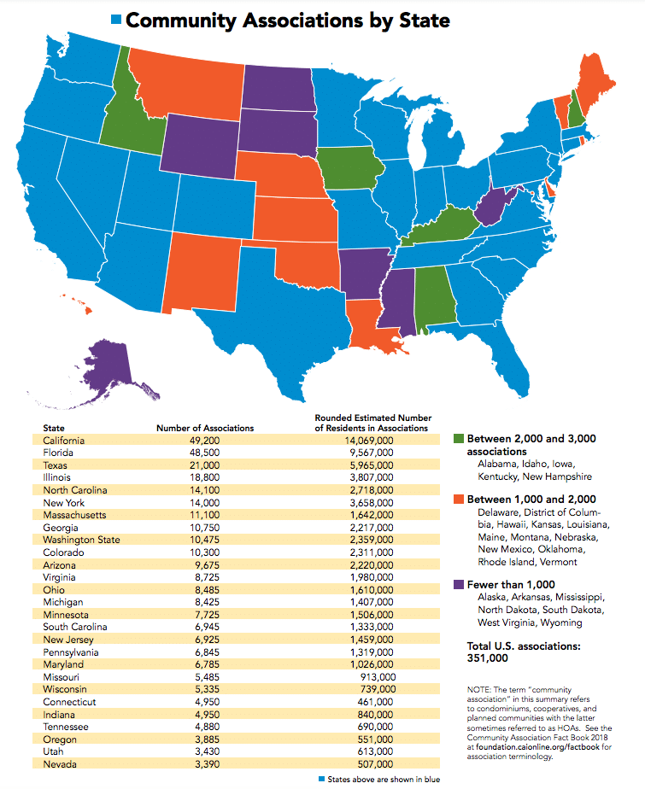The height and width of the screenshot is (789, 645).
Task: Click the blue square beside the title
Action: (x=117, y=20)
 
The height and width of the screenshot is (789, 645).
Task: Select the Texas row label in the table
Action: (x=56, y=465)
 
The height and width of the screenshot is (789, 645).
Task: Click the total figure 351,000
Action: (x=490, y=659)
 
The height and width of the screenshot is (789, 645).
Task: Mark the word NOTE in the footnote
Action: (x=478, y=688)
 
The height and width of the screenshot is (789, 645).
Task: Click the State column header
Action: (x=53, y=428)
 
